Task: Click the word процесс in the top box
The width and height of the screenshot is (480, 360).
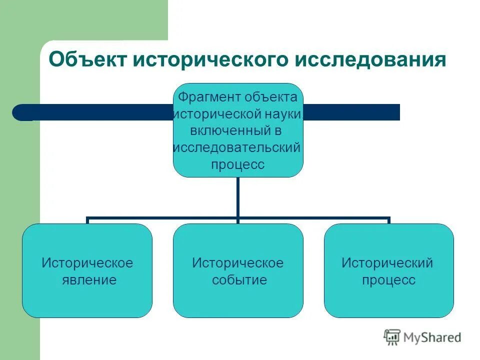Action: (x=237, y=164)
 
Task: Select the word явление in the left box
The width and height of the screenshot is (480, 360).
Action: (x=87, y=279)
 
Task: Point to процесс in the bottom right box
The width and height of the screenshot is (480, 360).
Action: (x=388, y=279)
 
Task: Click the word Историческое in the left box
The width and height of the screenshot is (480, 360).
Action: (x=87, y=262)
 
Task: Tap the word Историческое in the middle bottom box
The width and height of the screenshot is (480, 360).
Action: (x=238, y=262)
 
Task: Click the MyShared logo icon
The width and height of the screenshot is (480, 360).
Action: (x=392, y=337)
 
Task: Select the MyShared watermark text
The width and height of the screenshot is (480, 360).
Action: (x=432, y=338)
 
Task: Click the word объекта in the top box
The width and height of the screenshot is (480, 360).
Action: (x=270, y=96)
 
